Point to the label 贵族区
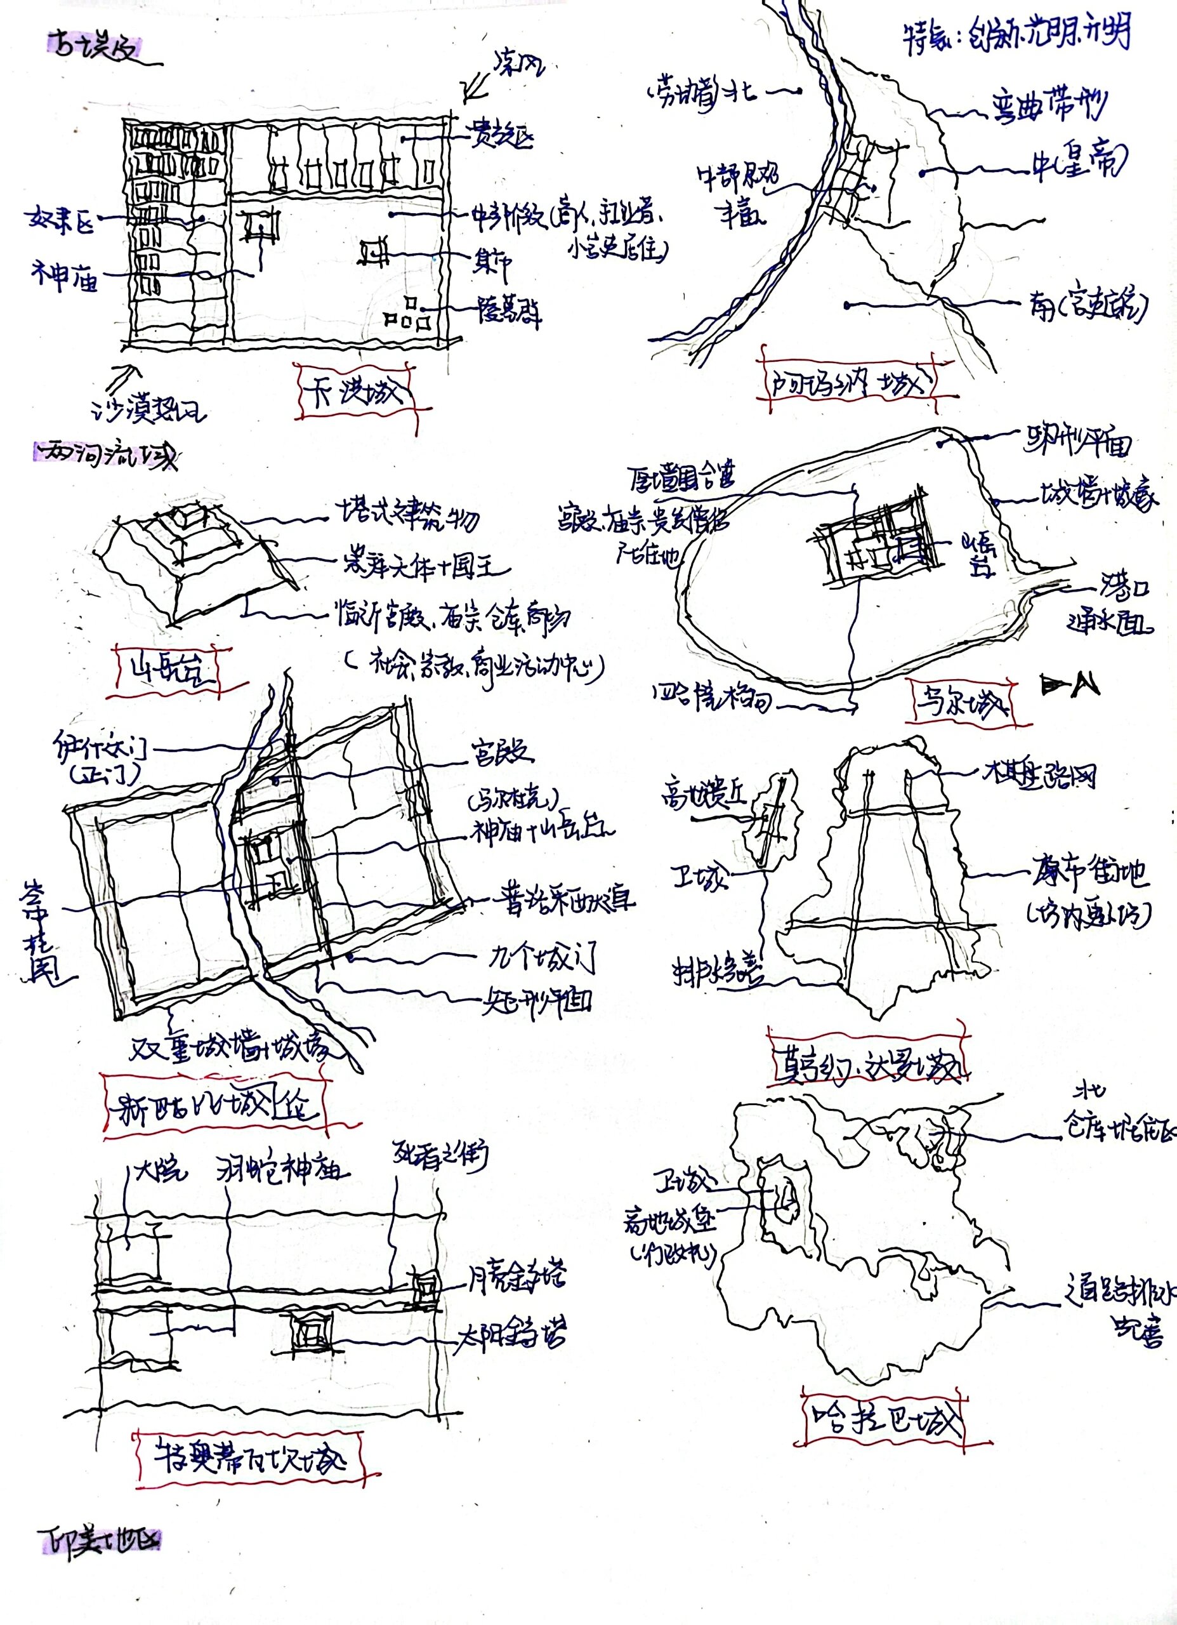click(501, 134)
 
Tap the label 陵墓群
click(510, 311)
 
